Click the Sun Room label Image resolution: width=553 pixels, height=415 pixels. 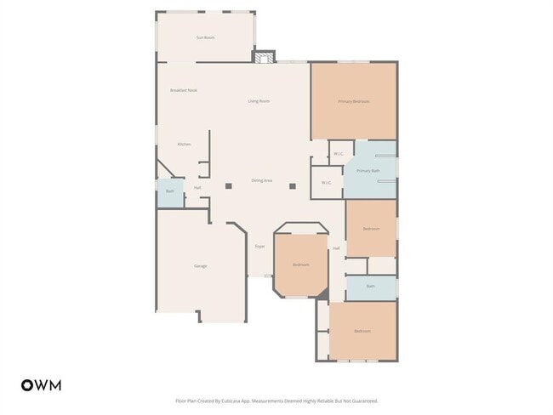[x=205, y=37]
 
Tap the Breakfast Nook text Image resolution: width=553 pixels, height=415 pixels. [x=184, y=90]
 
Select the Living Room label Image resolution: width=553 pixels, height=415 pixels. [x=259, y=101]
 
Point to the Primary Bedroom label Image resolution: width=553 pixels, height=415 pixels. [x=353, y=101]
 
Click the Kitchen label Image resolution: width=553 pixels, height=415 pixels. [x=184, y=144]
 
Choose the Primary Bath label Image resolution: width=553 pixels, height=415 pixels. [x=368, y=171]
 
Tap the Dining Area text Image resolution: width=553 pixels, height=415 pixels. [x=261, y=180]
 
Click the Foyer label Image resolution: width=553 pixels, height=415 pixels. [x=259, y=247]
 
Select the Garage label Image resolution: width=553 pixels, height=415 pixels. [x=201, y=266]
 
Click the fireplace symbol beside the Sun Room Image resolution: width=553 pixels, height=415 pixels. [x=265, y=57]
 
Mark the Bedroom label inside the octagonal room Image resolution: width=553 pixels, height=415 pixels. [x=301, y=264]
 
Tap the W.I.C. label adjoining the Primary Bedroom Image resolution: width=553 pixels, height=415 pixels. [x=338, y=154]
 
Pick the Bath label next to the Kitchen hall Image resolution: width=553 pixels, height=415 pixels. [x=170, y=191]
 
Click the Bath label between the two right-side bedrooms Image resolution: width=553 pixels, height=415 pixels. [x=371, y=287]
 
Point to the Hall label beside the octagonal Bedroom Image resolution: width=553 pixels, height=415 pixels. [x=336, y=248]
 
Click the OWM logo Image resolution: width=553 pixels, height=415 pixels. [x=41, y=384]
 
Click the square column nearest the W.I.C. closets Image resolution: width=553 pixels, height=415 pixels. [x=292, y=185]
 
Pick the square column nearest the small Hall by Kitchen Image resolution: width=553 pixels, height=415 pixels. [x=228, y=185]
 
